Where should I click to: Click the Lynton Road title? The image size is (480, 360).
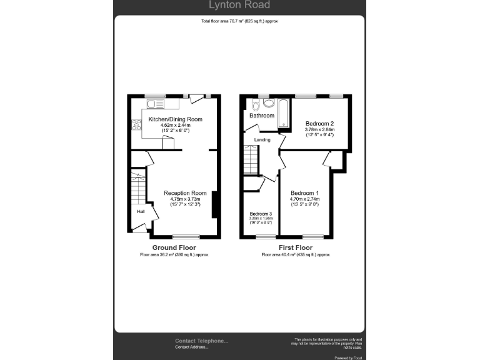click(x=239, y=6)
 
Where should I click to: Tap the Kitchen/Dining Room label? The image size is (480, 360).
click(x=175, y=119)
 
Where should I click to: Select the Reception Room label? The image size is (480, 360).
click(x=185, y=193)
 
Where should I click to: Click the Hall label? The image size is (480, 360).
click(x=141, y=212)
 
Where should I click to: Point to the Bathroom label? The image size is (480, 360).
click(x=262, y=116)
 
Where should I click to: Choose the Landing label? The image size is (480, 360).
click(x=262, y=139)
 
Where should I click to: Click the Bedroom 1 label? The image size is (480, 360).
click(x=305, y=192)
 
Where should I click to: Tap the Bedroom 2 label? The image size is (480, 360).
click(x=319, y=123)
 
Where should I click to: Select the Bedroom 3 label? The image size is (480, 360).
click(x=261, y=213)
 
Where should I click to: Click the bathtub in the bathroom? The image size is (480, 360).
click(x=282, y=112)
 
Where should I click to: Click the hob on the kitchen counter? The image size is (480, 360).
click(x=135, y=124)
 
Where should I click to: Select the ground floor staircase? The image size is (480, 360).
click(x=137, y=186)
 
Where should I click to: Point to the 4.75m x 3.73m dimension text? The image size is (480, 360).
click(x=185, y=199)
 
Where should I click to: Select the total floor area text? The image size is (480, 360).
click(x=239, y=21)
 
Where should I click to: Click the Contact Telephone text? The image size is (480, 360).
click(x=201, y=341)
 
